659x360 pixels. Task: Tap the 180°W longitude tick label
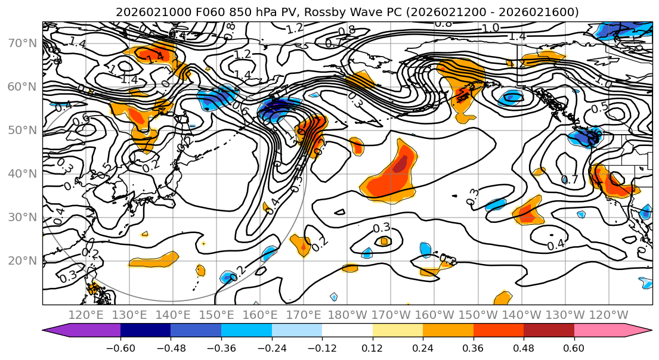[350, 315]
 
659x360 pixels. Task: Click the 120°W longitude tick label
[609, 315]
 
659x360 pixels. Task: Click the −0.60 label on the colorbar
[120, 347]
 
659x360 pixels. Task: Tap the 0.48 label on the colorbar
[524, 347]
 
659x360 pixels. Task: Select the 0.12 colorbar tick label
[372, 347]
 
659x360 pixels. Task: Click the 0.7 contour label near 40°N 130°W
[571, 179]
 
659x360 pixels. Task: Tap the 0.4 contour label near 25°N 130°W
[556, 244]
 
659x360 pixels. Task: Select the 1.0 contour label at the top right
[490, 28]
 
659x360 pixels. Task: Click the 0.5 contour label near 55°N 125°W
[600, 107]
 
